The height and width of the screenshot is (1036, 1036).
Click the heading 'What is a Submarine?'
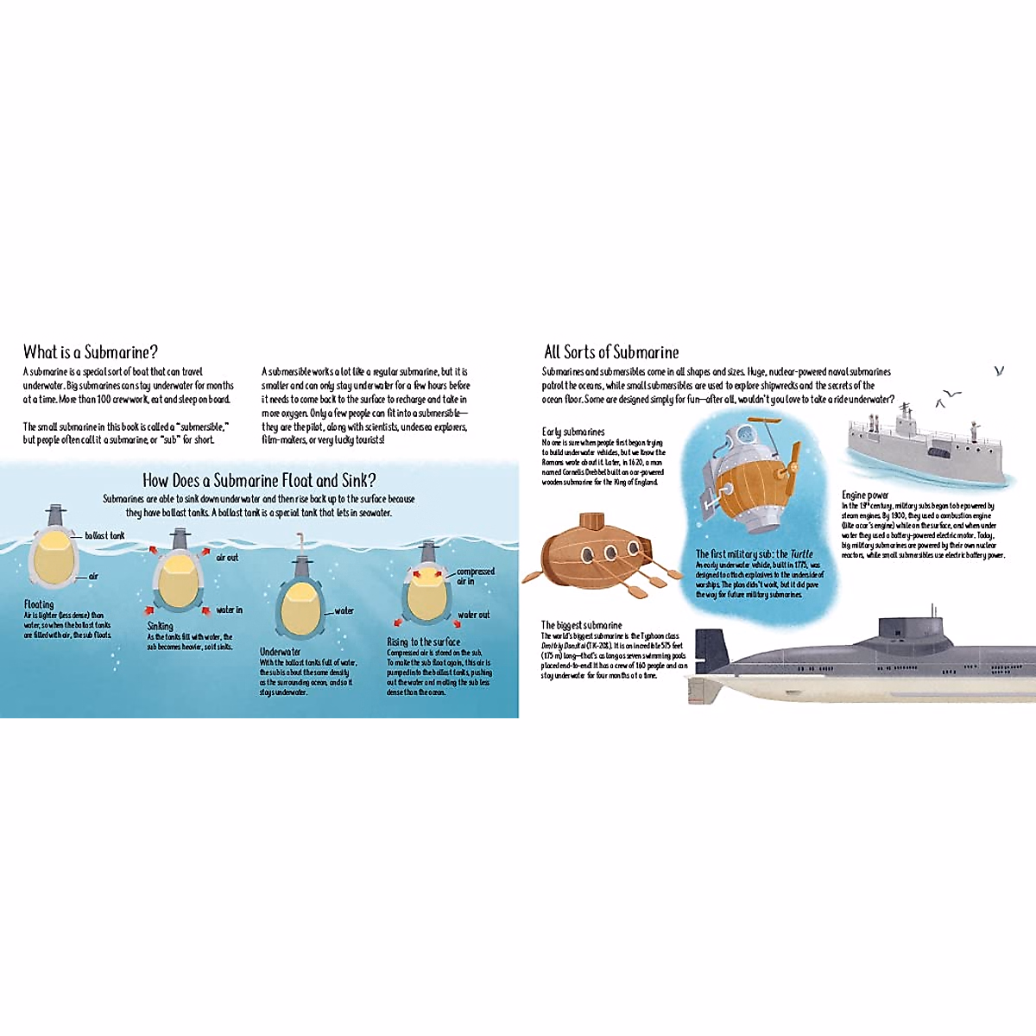pos(91,352)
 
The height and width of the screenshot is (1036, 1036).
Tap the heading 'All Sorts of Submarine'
pos(611,352)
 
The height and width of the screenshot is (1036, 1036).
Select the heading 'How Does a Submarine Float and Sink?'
pos(259,481)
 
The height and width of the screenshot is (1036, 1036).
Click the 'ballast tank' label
pos(104,536)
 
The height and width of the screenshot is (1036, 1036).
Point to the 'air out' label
pos(227,558)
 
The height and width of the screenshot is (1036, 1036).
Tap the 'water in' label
pos(229,610)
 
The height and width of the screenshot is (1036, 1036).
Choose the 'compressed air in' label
pos(475,576)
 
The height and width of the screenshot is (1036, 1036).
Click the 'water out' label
pos(473,615)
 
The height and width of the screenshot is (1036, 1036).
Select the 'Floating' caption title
pos(39,604)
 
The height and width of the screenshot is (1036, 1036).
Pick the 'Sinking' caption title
pos(160,626)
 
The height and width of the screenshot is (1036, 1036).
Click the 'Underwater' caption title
pos(281,652)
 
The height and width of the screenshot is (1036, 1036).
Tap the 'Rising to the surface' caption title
pos(423,642)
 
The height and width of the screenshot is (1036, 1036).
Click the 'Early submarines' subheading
pos(573,432)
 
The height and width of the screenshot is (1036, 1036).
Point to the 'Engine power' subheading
pos(865,496)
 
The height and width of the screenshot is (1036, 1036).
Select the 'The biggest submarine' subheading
pos(581,625)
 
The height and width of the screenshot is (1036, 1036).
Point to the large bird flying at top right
pos(999,370)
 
